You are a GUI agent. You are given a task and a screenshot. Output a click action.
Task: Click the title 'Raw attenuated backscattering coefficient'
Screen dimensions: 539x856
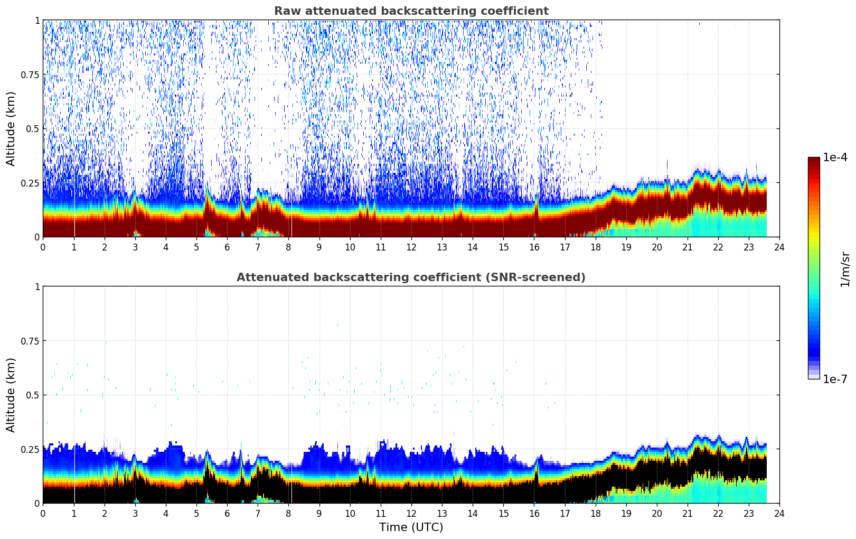click(411, 11)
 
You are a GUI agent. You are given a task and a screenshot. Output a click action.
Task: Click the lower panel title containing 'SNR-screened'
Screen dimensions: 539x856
click(411, 277)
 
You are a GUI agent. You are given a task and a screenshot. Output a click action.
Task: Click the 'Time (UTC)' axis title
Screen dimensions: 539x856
click(411, 527)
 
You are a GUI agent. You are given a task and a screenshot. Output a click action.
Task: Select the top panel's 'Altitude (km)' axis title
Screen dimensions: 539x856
click(11, 128)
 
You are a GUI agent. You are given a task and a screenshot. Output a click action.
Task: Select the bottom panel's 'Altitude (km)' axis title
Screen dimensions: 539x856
click(11, 395)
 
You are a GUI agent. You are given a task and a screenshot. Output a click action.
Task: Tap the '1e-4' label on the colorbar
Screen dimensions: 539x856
click(835, 157)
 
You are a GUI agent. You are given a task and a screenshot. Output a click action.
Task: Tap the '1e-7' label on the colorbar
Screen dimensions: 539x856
click(835, 379)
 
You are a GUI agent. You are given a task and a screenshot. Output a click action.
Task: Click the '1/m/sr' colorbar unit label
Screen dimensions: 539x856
click(845, 269)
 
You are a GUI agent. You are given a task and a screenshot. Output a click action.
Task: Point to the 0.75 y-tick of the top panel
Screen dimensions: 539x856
click(30, 75)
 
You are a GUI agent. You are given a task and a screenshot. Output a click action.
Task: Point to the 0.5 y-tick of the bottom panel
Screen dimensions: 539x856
click(33, 395)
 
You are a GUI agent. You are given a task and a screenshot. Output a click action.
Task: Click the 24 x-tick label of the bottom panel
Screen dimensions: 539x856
click(779, 513)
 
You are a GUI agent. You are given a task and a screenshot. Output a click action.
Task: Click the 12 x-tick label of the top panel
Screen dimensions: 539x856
click(411, 247)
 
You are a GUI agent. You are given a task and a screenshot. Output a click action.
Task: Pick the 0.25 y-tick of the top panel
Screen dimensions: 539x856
click(30, 183)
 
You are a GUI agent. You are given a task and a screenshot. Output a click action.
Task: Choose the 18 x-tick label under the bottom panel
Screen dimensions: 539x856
click(595, 513)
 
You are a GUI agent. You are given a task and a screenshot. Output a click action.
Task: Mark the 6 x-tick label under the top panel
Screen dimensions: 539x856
click(227, 247)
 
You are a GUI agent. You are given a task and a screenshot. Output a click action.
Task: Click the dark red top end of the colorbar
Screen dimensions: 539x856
click(814, 161)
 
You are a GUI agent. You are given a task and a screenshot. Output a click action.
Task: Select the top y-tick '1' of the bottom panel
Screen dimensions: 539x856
click(37, 287)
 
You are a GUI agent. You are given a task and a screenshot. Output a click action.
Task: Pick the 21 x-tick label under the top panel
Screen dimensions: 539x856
click(687, 247)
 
